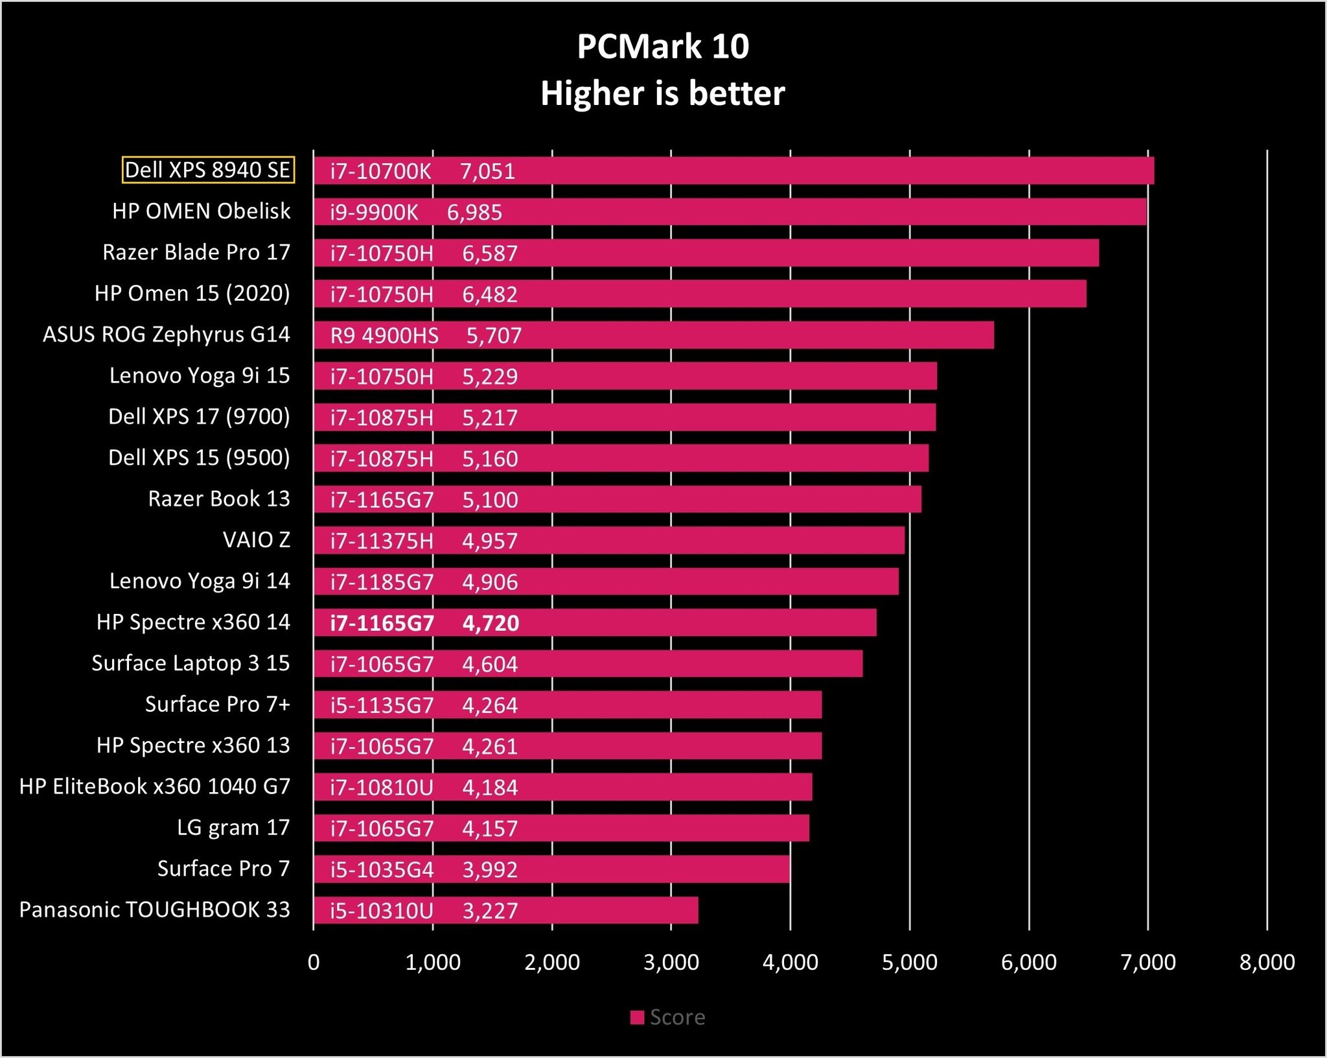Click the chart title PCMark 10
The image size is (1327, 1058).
pyautogui.click(x=663, y=47)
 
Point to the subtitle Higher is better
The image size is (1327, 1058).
pyautogui.click(x=663, y=93)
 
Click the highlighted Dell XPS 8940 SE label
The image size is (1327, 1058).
pyautogui.click(x=208, y=170)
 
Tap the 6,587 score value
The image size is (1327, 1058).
pyautogui.click(x=490, y=253)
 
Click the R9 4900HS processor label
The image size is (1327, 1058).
pyautogui.click(x=384, y=336)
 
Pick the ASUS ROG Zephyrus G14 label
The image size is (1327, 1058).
pyautogui.click(x=167, y=335)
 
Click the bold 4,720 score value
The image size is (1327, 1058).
pyautogui.click(x=490, y=623)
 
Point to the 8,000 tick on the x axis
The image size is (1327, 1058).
pyautogui.click(x=1267, y=963)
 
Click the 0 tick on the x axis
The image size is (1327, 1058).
pyautogui.click(x=314, y=963)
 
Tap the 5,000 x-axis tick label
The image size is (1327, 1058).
pyautogui.click(x=909, y=963)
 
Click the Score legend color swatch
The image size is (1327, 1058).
pyautogui.click(x=637, y=1017)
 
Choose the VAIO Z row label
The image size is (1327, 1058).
pyautogui.click(x=257, y=540)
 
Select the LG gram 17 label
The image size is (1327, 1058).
pyautogui.click(x=233, y=828)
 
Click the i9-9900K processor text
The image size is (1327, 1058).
pyautogui.click(x=374, y=213)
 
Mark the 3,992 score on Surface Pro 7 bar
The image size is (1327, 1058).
pyautogui.click(x=490, y=870)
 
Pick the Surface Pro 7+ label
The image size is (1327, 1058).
pyautogui.click(x=218, y=705)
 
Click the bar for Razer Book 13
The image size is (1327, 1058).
pyautogui.click(x=713, y=500)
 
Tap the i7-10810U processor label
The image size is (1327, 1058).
pyautogui.click(x=382, y=788)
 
